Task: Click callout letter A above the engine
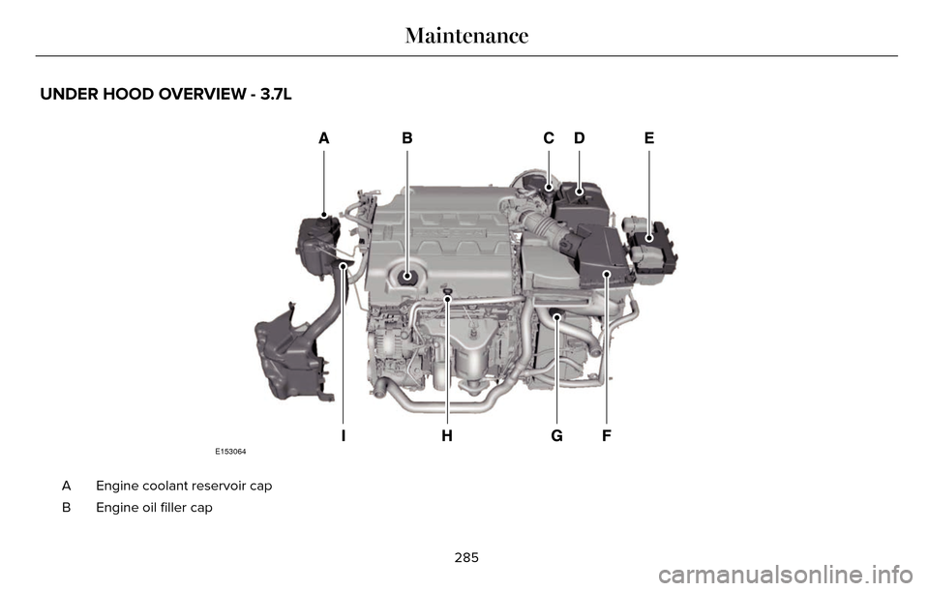pyautogui.click(x=323, y=139)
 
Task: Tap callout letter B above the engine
pyautogui.click(x=407, y=139)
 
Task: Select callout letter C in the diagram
pyautogui.click(x=548, y=139)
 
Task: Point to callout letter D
pyautogui.click(x=579, y=139)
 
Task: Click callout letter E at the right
pyautogui.click(x=648, y=139)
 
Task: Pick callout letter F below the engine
pyautogui.click(x=606, y=436)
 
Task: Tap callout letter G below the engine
pyautogui.click(x=556, y=436)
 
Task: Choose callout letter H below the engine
pyautogui.click(x=446, y=436)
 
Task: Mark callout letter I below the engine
pyautogui.click(x=343, y=436)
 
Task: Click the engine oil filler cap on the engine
pyautogui.click(x=407, y=277)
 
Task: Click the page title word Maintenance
pyautogui.click(x=466, y=37)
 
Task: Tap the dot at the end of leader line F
pyautogui.click(x=606, y=276)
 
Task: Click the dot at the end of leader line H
pyautogui.click(x=447, y=300)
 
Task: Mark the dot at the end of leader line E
pyautogui.click(x=648, y=235)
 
